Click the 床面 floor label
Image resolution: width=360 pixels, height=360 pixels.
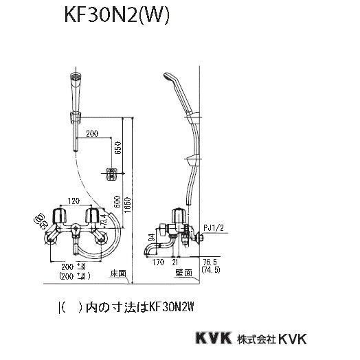pos(118,273)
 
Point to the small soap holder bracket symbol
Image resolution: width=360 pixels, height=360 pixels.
pos(107,175)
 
